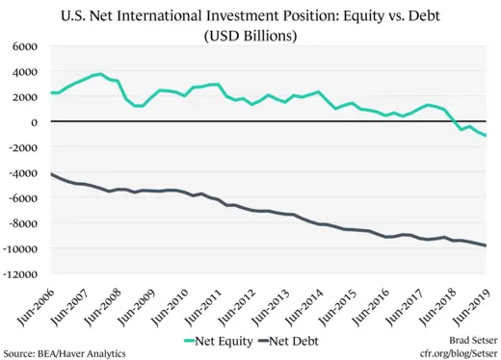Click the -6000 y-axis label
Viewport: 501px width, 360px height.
(x=24, y=198)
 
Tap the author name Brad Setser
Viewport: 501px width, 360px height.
(x=467, y=340)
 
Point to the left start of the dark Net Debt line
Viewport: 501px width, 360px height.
(x=51, y=174)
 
